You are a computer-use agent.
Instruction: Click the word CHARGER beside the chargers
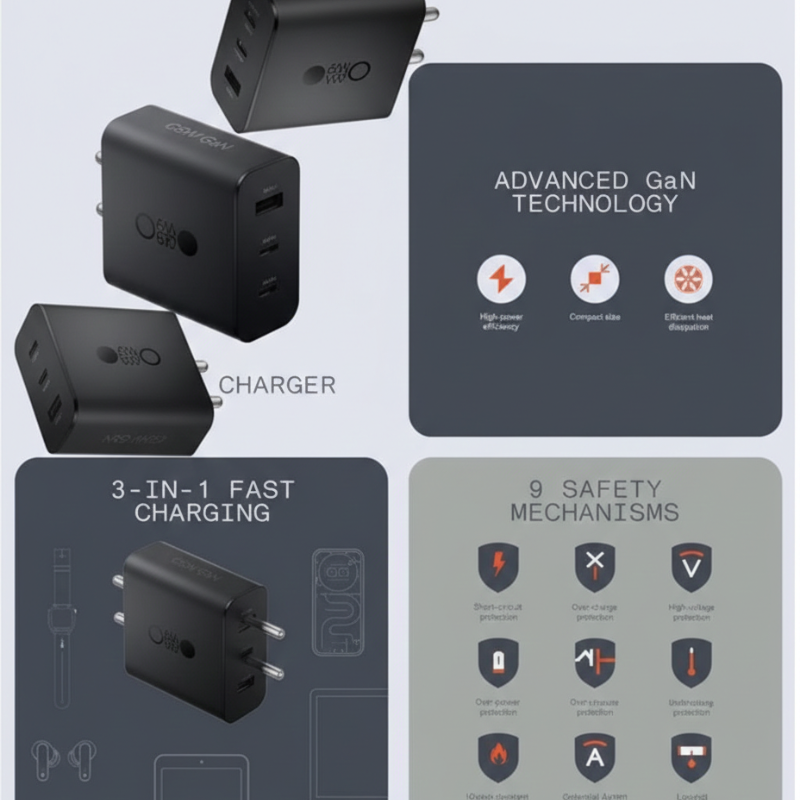click(x=277, y=385)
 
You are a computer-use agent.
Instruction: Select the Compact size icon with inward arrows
click(x=594, y=277)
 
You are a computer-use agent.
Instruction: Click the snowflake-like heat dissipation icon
click(x=689, y=277)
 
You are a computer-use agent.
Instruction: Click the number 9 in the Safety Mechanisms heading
click(x=534, y=489)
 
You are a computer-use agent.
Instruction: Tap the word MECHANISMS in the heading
click(x=594, y=513)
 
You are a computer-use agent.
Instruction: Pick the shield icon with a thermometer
click(x=690, y=662)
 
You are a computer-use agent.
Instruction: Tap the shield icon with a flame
click(x=497, y=757)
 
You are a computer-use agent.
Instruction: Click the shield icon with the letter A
click(x=594, y=757)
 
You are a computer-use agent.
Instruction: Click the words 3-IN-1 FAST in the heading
click(x=202, y=489)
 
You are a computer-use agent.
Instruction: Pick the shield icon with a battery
click(x=497, y=662)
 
